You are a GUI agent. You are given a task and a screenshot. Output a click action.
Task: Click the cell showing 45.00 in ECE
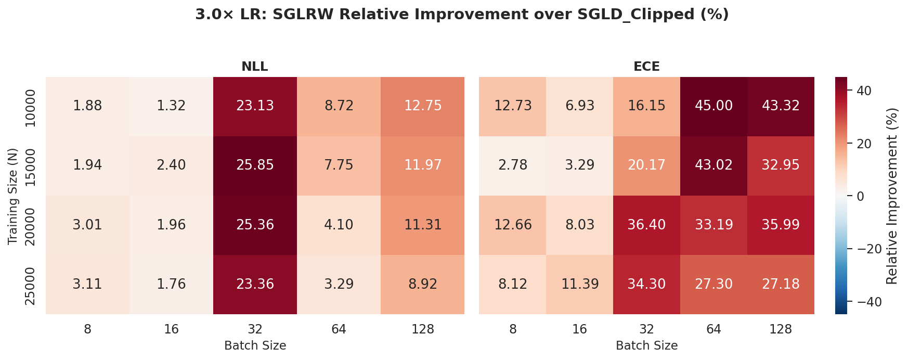pos(714,106)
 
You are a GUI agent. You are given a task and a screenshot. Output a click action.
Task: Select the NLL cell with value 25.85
pos(255,165)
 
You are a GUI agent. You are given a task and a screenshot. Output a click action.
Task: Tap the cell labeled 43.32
pos(780,106)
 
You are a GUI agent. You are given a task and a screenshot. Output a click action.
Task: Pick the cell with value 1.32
pos(171,106)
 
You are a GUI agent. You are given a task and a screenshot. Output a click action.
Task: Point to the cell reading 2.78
pos(513,165)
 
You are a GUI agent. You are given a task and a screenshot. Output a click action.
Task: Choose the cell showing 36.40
pos(646,225)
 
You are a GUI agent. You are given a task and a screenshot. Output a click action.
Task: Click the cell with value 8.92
pos(422,284)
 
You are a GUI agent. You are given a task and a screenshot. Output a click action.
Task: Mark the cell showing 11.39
pos(580,284)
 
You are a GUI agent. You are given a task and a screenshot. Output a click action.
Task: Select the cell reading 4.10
pos(339,225)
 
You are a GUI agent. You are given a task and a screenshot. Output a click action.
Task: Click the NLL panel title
pos(255,67)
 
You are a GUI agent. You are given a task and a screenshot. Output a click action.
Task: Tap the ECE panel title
pos(646,67)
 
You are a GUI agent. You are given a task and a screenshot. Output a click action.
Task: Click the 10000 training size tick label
pos(31,108)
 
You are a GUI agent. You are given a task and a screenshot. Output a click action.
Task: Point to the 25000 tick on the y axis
pos(31,286)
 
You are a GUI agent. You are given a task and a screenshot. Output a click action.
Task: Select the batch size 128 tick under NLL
pos(422,329)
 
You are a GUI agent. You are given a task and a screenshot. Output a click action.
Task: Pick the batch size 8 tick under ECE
pos(513,329)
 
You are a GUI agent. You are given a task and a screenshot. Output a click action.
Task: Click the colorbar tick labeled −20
pos(866,249)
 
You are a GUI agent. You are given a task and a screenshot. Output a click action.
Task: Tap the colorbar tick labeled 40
pos(863,91)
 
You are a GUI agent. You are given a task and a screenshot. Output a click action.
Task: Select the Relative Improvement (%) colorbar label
pos(892,196)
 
